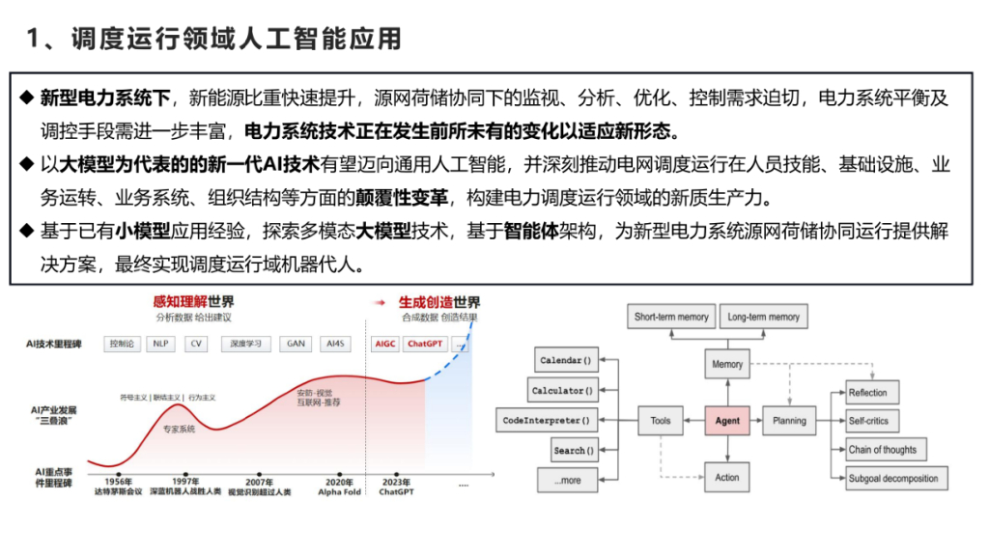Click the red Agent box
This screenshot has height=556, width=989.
[727, 421]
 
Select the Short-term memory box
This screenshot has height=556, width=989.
[670, 317]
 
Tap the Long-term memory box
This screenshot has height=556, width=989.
[763, 317]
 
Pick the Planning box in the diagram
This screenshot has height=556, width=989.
[789, 421]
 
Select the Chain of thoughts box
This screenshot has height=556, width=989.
[882, 450]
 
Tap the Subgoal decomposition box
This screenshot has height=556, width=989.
[892, 478]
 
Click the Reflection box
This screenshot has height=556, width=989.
[867, 393]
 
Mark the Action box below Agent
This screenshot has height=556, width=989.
[727, 477]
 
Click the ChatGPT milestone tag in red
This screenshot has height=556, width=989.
[424, 343]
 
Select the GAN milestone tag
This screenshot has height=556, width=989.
[295, 343]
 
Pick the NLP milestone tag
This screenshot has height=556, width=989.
[159, 343]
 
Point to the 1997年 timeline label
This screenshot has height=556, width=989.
[186, 481]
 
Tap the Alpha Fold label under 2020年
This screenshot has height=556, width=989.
[339, 491]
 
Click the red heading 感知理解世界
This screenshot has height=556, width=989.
[193, 302]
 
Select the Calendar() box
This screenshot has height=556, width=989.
[565, 361]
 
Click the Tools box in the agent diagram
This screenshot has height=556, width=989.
[661, 421]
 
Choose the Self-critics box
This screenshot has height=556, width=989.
[868, 421]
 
